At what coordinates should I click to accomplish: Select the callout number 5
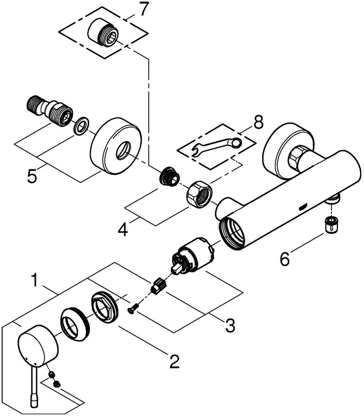(33, 176)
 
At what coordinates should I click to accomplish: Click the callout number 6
(285, 259)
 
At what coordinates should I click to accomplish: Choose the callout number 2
(174, 361)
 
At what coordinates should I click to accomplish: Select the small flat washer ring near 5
(80, 126)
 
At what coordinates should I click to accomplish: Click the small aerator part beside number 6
(331, 223)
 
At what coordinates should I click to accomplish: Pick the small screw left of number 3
(132, 310)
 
